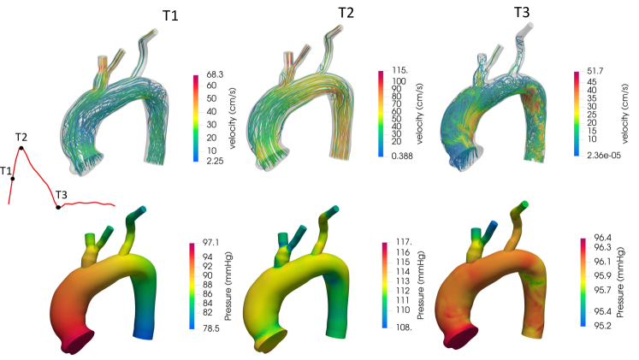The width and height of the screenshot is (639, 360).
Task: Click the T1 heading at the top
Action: tap(170, 15)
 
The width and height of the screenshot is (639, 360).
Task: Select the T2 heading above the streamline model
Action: tap(346, 13)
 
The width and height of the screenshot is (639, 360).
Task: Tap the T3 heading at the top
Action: tap(522, 13)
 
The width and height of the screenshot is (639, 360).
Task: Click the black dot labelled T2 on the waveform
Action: tap(21, 148)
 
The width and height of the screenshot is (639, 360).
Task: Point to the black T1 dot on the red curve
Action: tap(13, 179)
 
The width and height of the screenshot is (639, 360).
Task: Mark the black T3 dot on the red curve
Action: tap(58, 207)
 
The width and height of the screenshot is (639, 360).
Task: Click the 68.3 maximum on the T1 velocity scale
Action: tap(215, 75)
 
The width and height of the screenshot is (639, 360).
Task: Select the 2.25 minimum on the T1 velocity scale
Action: tap(215, 161)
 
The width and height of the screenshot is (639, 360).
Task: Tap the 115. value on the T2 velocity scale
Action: tap(399, 70)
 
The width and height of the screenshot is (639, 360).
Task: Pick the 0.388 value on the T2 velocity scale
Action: tap(402, 156)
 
